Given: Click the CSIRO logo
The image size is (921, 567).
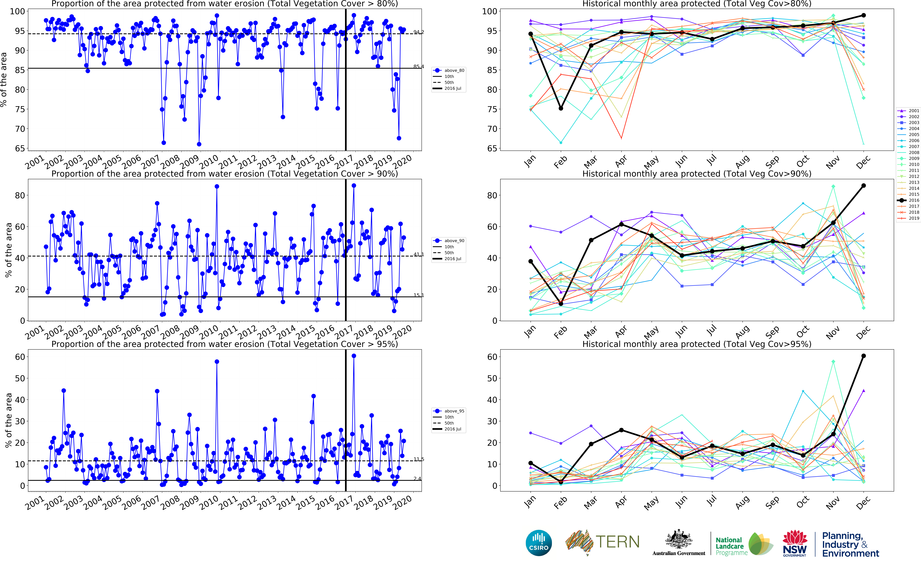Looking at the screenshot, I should coord(539,543).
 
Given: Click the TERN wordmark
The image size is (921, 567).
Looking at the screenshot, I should coord(617,542).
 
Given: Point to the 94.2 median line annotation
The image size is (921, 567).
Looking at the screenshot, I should coord(419,32).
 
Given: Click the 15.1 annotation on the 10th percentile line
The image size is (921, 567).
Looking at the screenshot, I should coord(419,295).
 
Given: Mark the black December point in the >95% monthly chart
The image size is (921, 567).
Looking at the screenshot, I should coord(864,356).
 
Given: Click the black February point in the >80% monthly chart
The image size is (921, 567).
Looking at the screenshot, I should coord(561,108).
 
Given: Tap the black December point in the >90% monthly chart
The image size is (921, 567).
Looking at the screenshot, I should coord(864,186).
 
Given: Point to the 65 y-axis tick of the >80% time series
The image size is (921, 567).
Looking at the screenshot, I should coord(20,148).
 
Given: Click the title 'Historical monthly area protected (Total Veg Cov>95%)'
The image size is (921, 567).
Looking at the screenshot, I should coord(697,344).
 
